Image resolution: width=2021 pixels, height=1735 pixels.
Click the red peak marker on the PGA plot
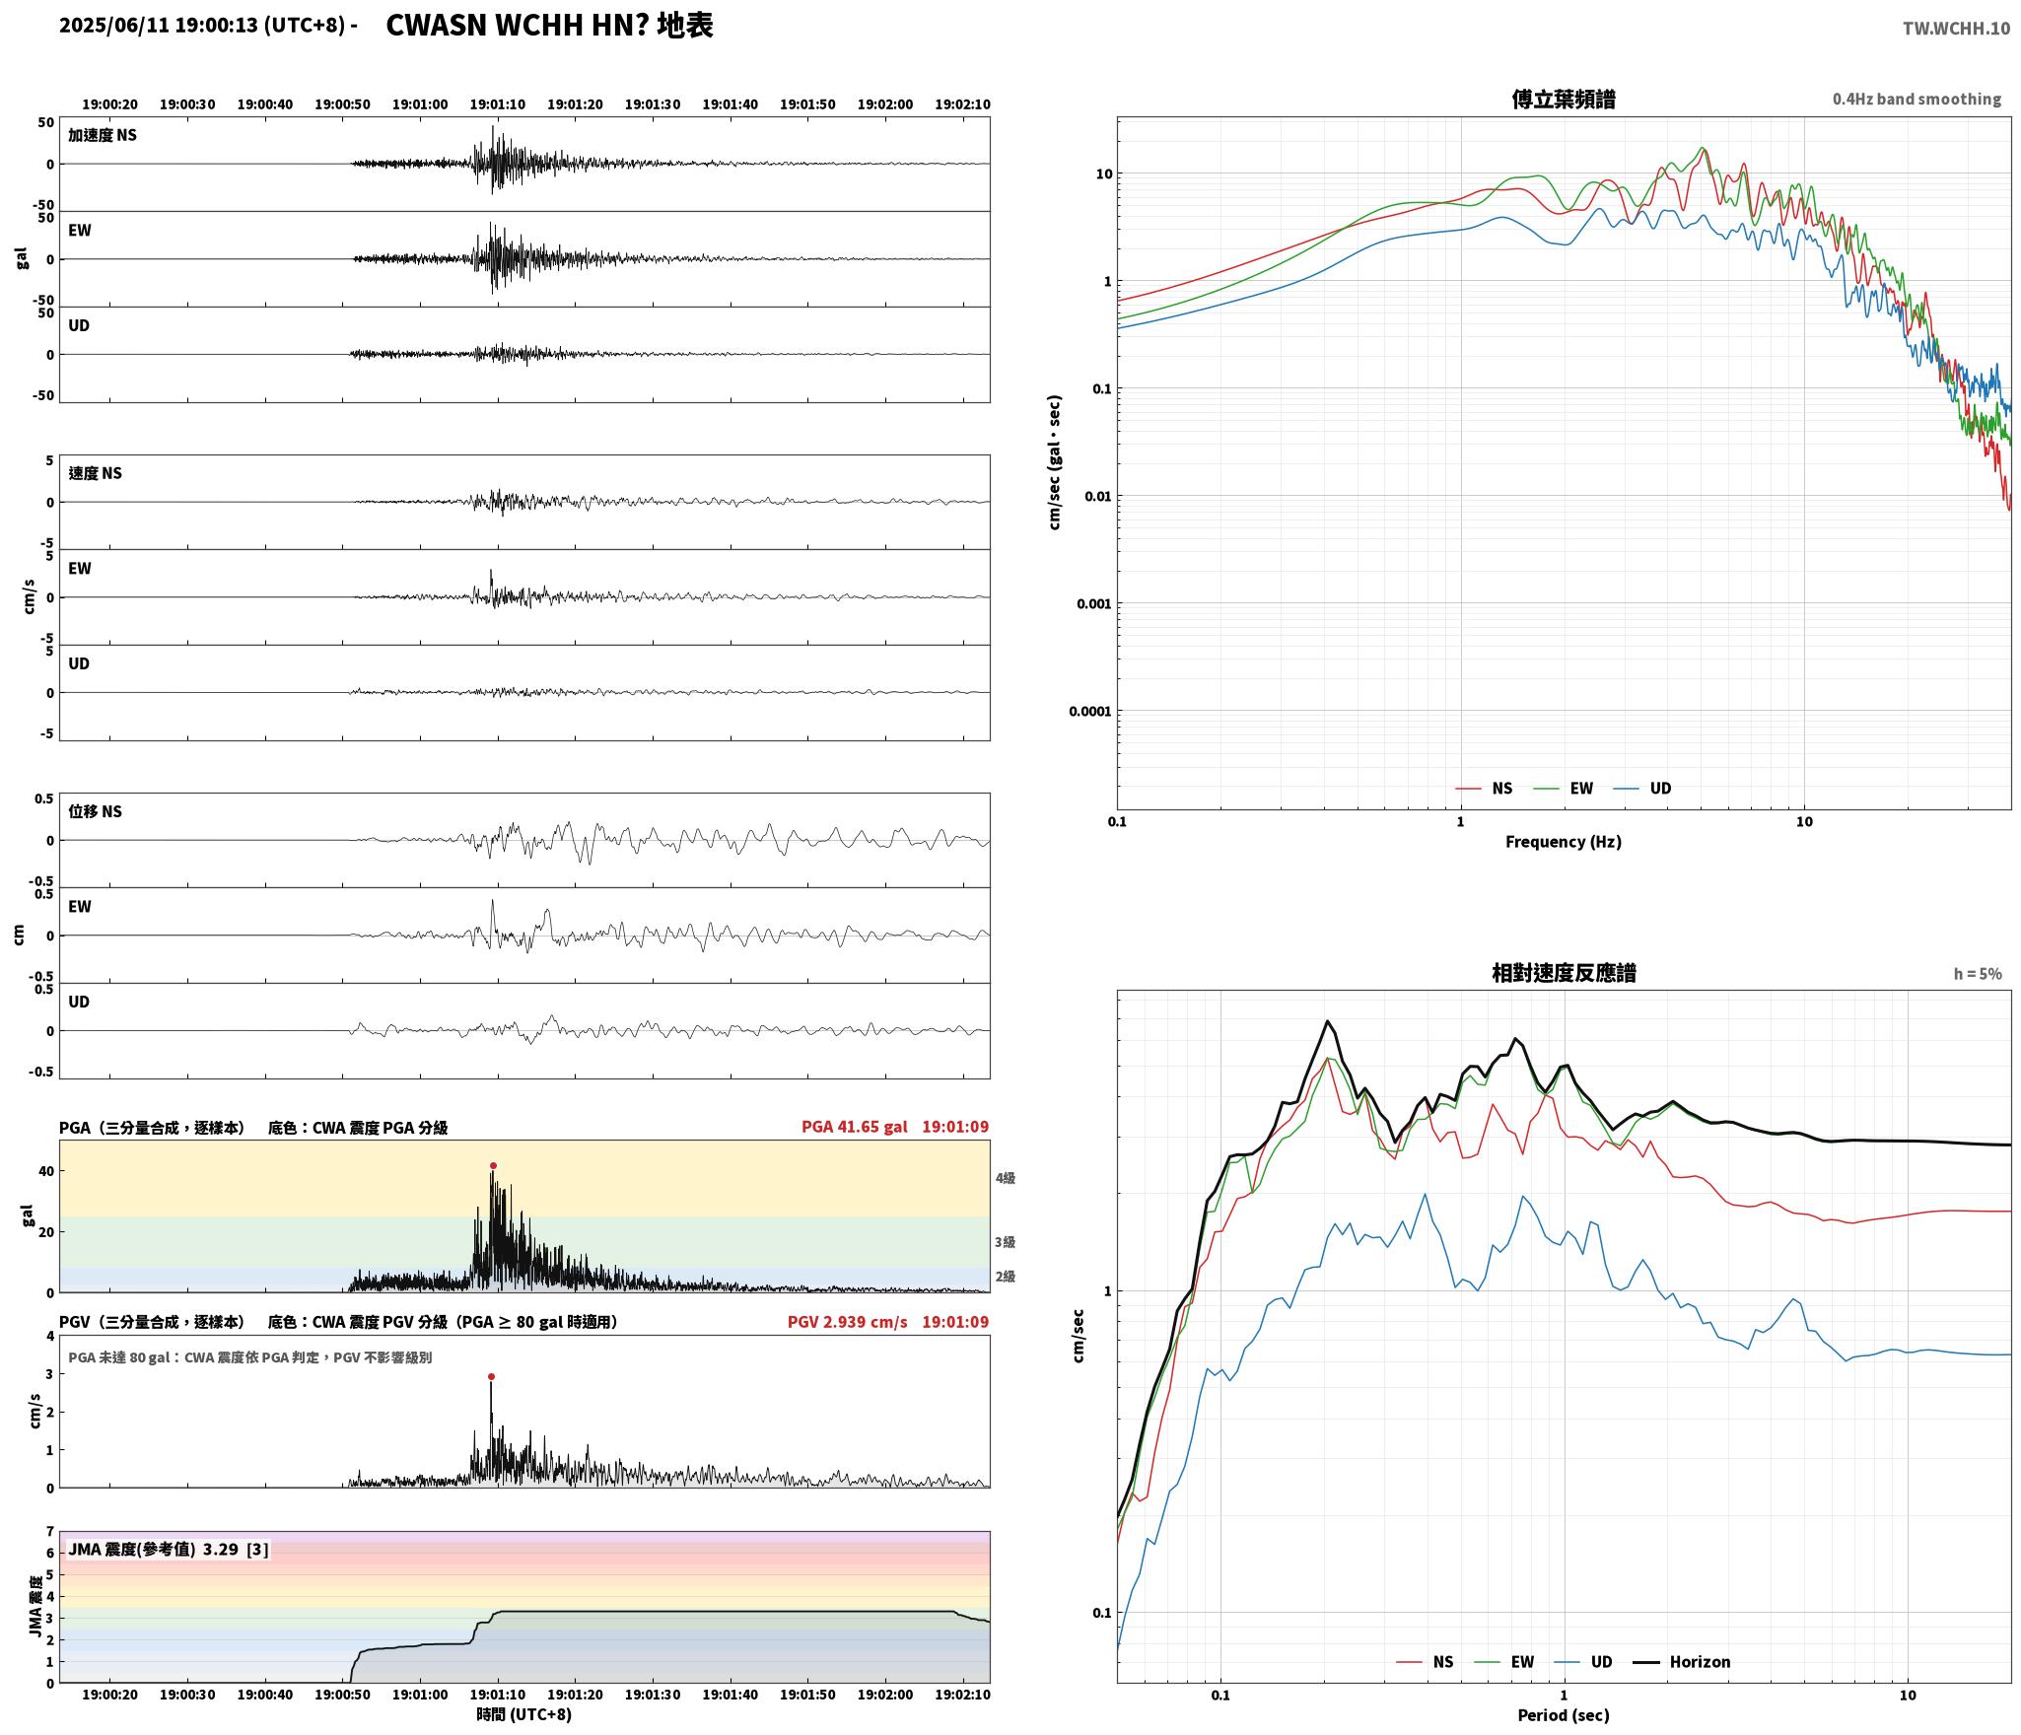(493, 1165)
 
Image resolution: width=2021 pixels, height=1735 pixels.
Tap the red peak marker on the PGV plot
(491, 1376)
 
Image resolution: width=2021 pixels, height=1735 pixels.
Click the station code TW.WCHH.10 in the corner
(1956, 29)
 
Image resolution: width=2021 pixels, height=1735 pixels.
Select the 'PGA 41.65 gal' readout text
(854, 1127)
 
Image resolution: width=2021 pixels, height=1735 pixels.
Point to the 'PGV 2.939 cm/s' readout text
(847, 1322)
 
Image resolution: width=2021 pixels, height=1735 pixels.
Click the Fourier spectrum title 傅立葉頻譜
(1564, 99)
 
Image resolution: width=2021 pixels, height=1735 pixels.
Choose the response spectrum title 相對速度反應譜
(1564, 973)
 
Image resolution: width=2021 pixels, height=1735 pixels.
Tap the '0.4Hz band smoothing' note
(1916, 100)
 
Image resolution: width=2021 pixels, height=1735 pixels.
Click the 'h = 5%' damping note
(1978, 974)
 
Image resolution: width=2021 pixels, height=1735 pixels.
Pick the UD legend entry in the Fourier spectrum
(1642, 789)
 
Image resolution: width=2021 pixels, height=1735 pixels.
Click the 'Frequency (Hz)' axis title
(1564, 842)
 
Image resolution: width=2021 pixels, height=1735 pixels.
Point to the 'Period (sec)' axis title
(1564, 1715)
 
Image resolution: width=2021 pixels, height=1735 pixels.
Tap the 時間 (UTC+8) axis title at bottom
(524, 1714)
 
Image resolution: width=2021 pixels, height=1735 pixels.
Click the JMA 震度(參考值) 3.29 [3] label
(168, 1550)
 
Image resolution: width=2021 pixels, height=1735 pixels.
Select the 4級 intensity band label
(1005, 1178)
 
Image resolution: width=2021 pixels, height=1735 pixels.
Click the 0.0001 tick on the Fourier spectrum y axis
(1090, 711)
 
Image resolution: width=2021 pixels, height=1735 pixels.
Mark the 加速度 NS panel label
(103, 135)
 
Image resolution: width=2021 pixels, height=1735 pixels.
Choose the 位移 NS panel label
(95, 811)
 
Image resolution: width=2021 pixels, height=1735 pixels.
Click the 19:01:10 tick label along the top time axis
(497, 104)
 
